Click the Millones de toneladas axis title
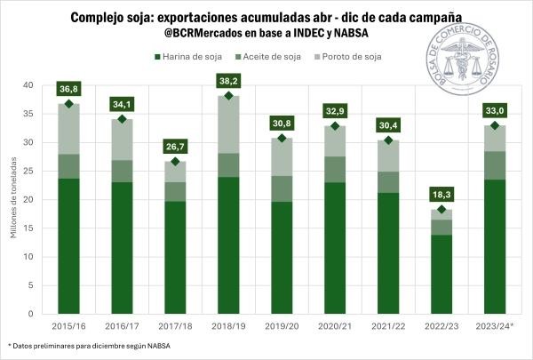pos(11,200)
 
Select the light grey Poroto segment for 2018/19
pos(228,124)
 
